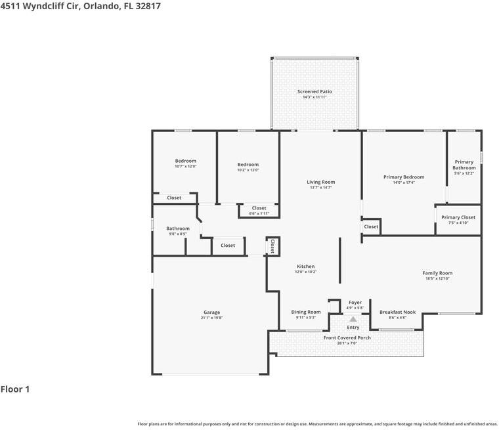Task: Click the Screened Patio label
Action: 315,92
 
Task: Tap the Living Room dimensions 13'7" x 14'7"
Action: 321,188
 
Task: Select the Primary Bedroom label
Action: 404,177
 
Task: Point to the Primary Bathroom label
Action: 464,165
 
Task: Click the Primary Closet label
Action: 458,217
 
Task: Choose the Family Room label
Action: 437,273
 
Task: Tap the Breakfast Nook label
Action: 397,312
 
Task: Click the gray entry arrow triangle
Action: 353,319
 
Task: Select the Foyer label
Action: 355,303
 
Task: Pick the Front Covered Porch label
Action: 347,337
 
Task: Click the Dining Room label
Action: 306,312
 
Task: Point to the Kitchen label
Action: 305,266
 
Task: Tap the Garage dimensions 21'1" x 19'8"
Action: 211,318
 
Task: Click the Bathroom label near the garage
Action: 177,228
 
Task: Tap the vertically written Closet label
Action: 272,246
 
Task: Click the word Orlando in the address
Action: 102,6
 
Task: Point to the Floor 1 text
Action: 15,389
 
